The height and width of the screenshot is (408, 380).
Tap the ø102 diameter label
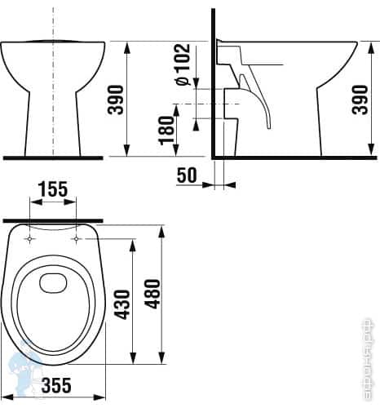tap(183, 64)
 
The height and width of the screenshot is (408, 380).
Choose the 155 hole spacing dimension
tap(51, 189)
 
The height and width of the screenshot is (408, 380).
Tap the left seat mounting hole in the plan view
tap(29, 239)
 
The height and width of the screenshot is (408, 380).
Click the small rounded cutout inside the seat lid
tap(54, 283)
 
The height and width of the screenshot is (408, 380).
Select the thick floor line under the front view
tap(54, 156)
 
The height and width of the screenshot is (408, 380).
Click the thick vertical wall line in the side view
tap(212, 82)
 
